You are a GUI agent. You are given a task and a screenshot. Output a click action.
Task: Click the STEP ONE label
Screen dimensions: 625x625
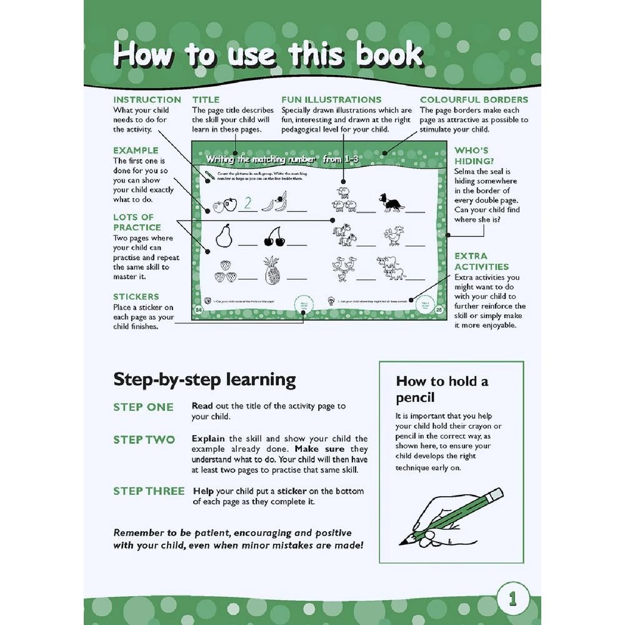coord(143,407)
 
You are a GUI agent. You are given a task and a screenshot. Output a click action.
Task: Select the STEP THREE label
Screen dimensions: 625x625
coord(149,491)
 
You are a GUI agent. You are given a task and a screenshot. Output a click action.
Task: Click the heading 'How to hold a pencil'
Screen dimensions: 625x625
coord(442,389)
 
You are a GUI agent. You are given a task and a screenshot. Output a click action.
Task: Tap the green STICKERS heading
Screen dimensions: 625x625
coord(136,296)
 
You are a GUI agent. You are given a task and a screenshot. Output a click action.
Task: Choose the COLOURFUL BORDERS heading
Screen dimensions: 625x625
coord(474,99)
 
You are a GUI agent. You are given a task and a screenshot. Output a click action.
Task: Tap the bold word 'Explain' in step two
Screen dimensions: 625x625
coord(207,439)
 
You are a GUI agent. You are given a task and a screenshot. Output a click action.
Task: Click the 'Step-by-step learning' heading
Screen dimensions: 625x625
coord(204,379)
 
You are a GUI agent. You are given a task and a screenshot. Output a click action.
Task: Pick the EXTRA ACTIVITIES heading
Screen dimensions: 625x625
coord(481,261)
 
